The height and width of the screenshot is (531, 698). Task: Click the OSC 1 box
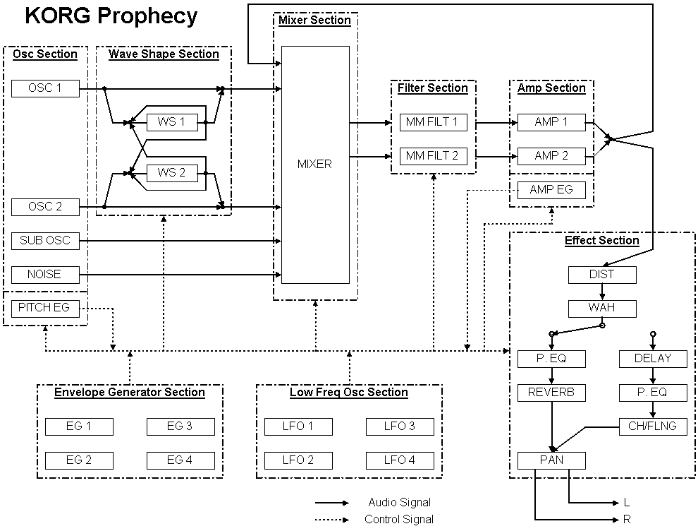pyautogui.click(x=45, y=88)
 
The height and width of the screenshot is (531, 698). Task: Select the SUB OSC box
pyautogui.click(x=45, y=241)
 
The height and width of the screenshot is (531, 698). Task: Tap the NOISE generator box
pyautogui.click(x=45, y=274)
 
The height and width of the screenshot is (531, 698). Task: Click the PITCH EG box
pyautogui.click(x=45, y=308)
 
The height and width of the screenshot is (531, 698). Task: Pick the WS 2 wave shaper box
pyautogui.click(x=171, y=173)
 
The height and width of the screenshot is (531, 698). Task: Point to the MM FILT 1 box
pyautogui.click(x=432, y=122)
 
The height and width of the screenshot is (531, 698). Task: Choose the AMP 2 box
pyautogui.click(x=551, y=156)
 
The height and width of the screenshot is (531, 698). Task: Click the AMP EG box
pyautogui.click(x=551, y=189)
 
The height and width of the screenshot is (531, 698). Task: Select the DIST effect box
pyautogui.click(x=602, y=275)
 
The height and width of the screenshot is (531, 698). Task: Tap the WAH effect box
pyautogui.click(x=602, y=309)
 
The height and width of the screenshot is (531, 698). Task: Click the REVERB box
pyautogui.click(x=552, y=393)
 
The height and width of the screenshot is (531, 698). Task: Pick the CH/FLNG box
pyautogui.click(x=652, y=426)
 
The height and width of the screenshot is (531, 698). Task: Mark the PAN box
pyautogui.click(x=552, y=460)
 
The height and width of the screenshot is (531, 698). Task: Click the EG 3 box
pyautogui.click(x=180, y=426)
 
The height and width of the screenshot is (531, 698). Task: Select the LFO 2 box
pyautogui.click(x=299, y=460)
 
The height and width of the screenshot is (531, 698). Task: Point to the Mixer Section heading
pyautogui.click(x=314, y=20)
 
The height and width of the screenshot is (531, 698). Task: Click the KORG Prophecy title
pyautogui.click(x=111, y=16)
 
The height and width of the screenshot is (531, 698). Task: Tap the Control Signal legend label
pyautogui.click(x=399, y=520)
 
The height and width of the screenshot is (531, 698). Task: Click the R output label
pyautogui.click(x=627, y=520)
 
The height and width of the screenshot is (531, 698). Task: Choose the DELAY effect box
pyautogui.click(x=652, y=359)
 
